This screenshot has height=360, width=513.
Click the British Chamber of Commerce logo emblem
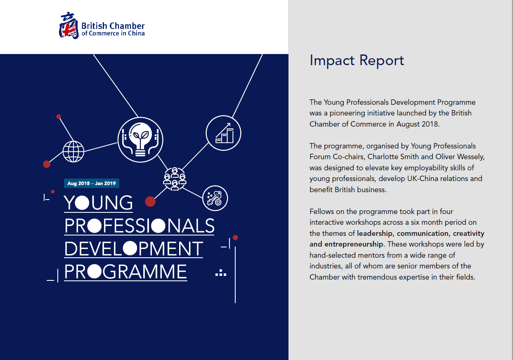tap(69, 26)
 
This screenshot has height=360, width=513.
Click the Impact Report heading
tap(357, 60)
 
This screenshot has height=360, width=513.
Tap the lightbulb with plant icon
tap(140, 139)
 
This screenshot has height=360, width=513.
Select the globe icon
tap(73, 151)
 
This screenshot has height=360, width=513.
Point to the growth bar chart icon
tap(223, 133)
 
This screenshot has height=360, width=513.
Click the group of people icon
tap(175, 179)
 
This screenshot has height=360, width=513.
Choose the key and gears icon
tap(215, 198)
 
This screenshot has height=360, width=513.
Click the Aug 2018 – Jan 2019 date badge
tap(92, 184)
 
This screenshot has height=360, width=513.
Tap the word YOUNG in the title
tap(99, 203)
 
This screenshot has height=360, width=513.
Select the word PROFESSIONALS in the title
tap(139, 226)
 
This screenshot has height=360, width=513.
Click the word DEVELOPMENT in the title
tap(134, 249)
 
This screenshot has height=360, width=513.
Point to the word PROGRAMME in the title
tap(126, 272)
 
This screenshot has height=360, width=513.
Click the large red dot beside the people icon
tap(150, 201)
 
